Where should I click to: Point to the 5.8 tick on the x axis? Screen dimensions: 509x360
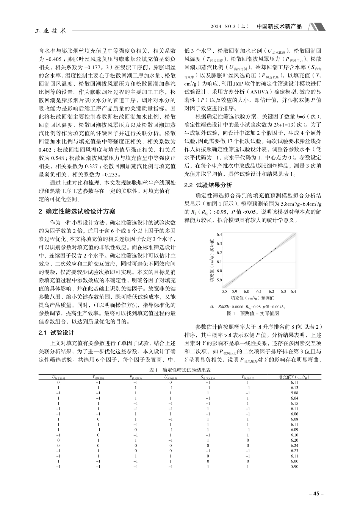tap(224, 291)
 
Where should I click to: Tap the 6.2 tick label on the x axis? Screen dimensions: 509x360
tap(271, 291)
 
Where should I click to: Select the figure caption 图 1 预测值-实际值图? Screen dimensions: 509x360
tap(252, 314)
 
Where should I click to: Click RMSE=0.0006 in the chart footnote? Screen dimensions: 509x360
tap(230, 306)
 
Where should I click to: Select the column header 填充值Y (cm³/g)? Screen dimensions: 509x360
tap(294, 377)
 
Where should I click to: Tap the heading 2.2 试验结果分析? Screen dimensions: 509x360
tap(208, 185)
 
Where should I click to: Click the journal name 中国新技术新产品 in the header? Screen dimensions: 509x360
tap(279, 27)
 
